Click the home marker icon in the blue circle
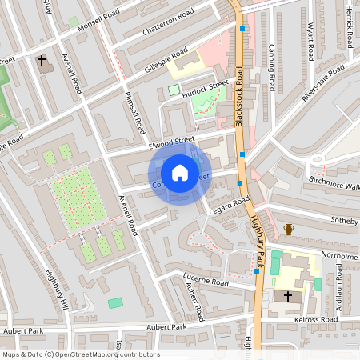[180, 173]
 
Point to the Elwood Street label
[172, 142]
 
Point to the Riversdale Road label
[322, 84]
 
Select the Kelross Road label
[317, 318]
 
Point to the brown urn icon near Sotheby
[289, 230]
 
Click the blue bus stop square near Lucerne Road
[256, 271]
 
